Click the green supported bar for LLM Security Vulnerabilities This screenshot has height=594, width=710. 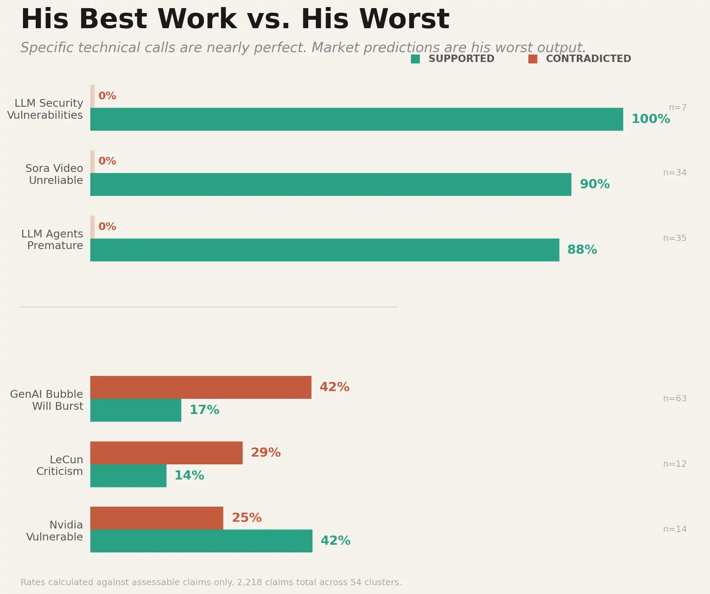coord(356,119)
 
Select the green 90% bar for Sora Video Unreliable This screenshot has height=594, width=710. coord(330,184)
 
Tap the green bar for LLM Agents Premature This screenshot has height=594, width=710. coord(324,250)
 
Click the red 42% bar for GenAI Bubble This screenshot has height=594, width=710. coord(201,387)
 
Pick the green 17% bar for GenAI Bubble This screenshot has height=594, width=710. coord(136,410)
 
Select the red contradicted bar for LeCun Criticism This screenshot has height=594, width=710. coord(166,453)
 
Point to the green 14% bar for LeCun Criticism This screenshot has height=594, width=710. coord(128,476)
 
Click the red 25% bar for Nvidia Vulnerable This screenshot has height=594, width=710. coord(157,518)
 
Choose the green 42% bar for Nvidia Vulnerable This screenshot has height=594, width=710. coord(201,541)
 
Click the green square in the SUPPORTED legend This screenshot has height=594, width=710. coord(415,59)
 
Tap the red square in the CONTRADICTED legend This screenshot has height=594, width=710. coord(533,59)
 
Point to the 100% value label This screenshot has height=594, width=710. coord(650,119)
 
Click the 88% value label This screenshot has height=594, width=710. coord(582,250)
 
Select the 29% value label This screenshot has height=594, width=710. coord(266,453)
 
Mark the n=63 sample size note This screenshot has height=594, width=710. coord(675,398)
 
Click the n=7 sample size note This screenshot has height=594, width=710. coord(678,107)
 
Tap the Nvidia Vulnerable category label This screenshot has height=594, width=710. coord(55,531)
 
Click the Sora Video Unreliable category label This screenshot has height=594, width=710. coord(55,174)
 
